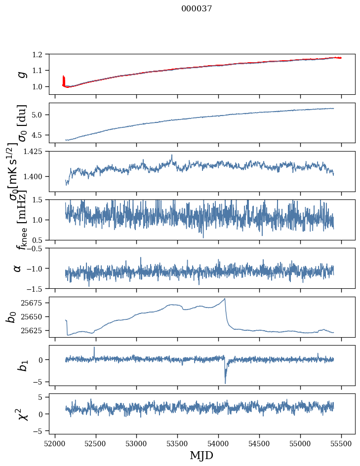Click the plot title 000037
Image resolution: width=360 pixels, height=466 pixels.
coord(197,9)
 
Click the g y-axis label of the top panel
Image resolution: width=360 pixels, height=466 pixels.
coord(21,75)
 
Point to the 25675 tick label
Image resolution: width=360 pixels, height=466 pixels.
coord(34,303)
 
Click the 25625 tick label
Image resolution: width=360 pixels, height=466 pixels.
coord(34,330)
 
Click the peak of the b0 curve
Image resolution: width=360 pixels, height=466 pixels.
coord(225,299)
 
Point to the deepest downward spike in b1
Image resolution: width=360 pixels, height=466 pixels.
coord(225,383)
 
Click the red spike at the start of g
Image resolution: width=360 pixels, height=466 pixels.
coord(64,79)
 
